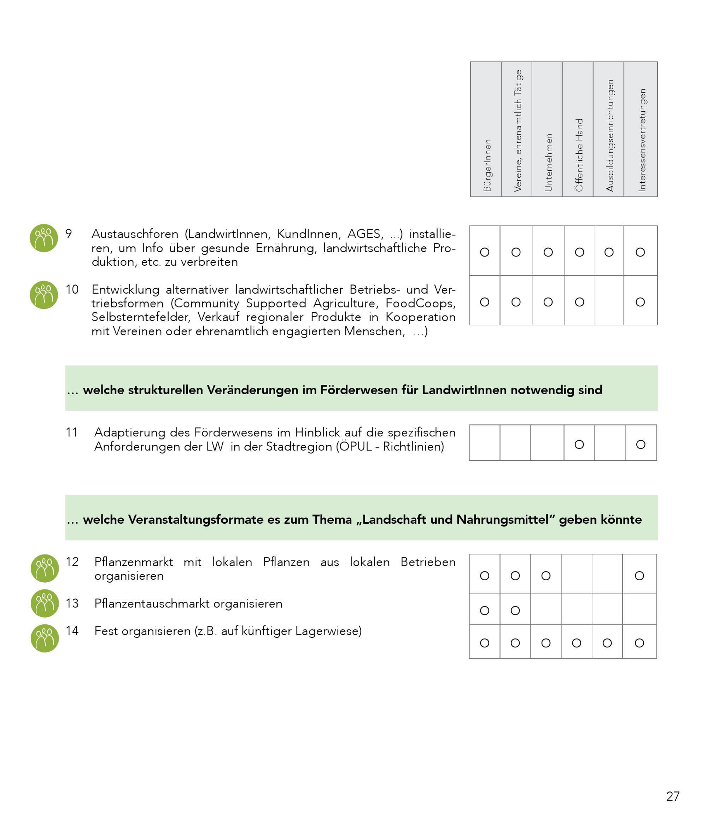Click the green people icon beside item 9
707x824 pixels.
tap(44, 238)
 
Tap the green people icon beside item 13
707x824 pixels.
tap(45, 603)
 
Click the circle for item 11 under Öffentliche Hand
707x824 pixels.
tap(579, 444)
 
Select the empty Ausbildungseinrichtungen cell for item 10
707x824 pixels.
tap(609, 300)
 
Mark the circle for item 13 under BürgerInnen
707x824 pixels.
tap(485, 611)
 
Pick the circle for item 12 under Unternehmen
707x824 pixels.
tap(546, 576)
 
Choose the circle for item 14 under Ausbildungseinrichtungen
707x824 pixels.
tap(607, 643)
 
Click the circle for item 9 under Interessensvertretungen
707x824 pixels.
tap(640, 252)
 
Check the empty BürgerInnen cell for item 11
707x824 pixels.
tap(485, 443)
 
